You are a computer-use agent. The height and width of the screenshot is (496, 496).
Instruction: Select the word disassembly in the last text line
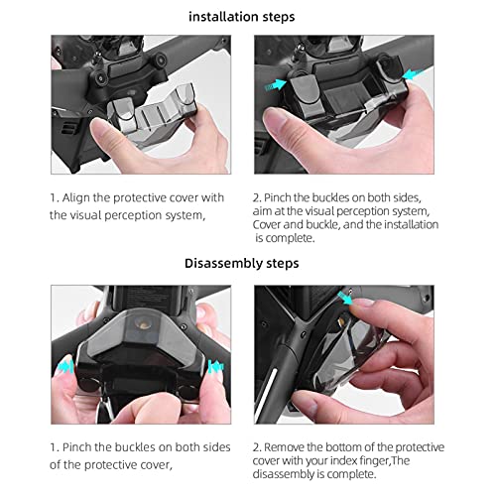tap(293, 475)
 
